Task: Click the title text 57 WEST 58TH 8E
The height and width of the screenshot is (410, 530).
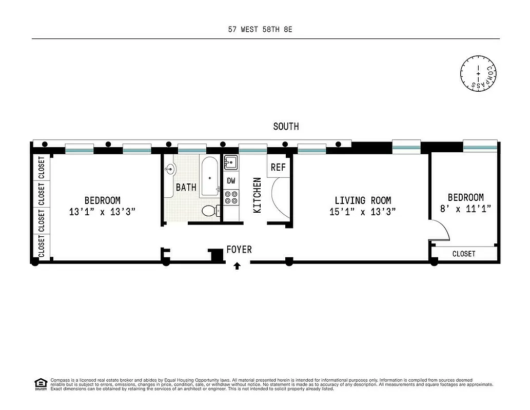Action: [260, 30]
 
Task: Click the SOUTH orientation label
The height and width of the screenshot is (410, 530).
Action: [286, 127]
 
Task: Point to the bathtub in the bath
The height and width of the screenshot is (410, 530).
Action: [209, 177]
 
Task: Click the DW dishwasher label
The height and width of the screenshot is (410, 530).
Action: [231, 181]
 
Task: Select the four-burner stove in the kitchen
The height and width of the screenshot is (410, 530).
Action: [231, 198]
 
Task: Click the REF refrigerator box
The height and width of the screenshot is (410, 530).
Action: [278, 167]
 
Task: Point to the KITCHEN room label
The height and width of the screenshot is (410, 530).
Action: [258, 195]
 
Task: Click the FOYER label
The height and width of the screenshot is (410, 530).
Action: [239, 250]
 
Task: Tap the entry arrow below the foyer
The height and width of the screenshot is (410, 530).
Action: [237, 265]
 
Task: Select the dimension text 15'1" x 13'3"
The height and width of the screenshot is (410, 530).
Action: [363, 211]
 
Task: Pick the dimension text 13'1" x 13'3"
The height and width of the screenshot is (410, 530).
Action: [103, 211]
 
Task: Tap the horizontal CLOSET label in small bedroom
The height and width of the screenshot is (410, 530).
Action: [464, 254]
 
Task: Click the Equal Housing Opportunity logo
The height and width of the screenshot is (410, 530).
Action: [40, 383]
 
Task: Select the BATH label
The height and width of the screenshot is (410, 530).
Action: [186, 188]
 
